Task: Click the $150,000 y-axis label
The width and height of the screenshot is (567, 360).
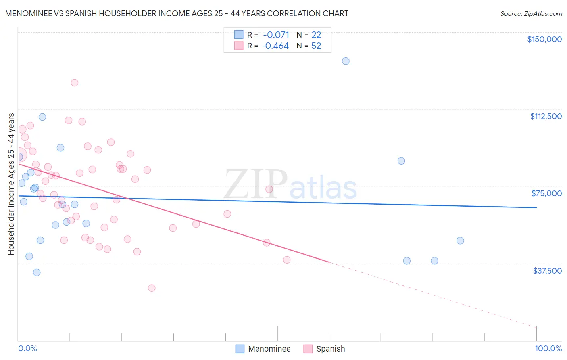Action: (544, 39)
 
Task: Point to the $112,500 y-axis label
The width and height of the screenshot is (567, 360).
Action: (546, 116)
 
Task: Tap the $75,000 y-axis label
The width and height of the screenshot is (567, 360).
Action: (546, 193)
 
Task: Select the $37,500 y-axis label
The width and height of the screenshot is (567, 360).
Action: (547, 271)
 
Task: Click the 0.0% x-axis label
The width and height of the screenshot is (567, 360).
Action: (27, 348)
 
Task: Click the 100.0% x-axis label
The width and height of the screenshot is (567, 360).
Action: (548, 348)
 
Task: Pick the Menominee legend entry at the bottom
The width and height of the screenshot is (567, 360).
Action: (263, 349)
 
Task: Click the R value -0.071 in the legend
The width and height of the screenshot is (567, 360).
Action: (276, 35)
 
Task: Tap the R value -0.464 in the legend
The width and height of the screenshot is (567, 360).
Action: (275, 46)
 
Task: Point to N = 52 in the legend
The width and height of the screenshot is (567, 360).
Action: (309, 46)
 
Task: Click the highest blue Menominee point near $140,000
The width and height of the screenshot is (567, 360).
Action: (346, 61)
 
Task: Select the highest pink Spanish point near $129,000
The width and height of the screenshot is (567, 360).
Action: (75, 83)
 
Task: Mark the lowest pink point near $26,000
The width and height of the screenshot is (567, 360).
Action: (152, 288)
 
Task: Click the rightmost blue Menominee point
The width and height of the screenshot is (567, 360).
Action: (460, 241)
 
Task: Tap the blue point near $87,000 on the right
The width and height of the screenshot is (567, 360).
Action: (401, 161)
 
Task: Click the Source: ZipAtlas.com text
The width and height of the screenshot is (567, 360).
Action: (531, 14)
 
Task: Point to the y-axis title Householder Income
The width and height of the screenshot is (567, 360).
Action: (11, 184)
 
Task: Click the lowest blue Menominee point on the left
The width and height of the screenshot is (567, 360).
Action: (37, 272)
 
